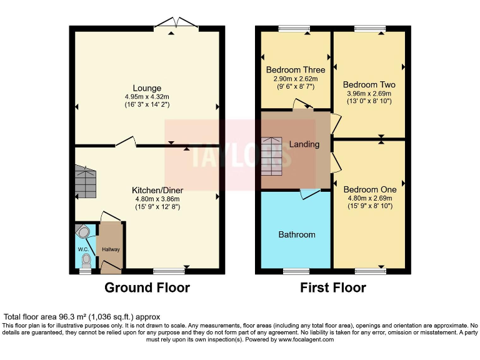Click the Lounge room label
click(147, 88)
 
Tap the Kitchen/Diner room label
click(157, 190)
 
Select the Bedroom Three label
click(296, 70)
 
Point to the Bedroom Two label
click(369, 84)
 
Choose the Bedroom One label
click(370, 189)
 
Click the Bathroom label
click(297, 234)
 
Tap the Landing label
click(304, 144)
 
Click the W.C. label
click(83, 249)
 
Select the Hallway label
click(111, 249)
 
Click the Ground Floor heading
click(147, 287)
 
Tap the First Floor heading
click(333, 287)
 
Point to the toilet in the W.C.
click(86, 261)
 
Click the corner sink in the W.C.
click(82, 232)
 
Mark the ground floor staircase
click(86, 182)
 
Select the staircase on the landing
click(271, 156)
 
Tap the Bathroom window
click(296, 271)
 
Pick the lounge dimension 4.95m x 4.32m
click(147, 97)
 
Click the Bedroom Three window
click(294, 29)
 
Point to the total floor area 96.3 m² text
click(82, 317)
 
